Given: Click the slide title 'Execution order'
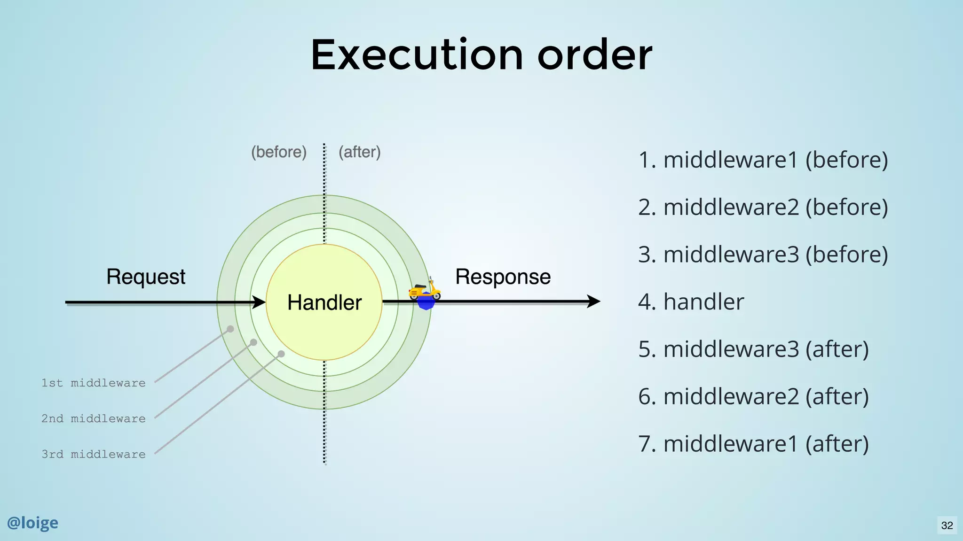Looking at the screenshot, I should pyautogui.click(x=481, y=55).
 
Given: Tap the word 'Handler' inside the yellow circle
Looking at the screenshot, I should pyautogui.click(x=324, y=302).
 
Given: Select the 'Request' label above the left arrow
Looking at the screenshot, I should pyautogui.click(x=146, y=277).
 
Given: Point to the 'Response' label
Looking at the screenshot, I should pyautogui.click(x=503, y=277).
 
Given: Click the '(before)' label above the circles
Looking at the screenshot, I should pyautogui.click(x=279, y=152).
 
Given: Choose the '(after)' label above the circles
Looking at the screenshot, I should pyautogui.click(x=360, y=152).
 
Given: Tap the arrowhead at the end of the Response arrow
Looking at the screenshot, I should pyautogui.click(x=594, y=301).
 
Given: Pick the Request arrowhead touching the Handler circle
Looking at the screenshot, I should pyautogui.click(x=259, y=302).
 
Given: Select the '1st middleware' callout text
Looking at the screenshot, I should pyautogui.click(x=93, y=383).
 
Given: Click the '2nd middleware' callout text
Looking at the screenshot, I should pyautogui.click(x=93, y=419).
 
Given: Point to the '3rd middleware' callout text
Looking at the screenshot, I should pyautogui.click(x=93, y=455).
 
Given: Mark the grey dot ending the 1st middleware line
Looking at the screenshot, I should pyautogui.click(x=230, y=329).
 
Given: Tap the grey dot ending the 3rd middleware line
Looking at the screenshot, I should pyautogui.click(x=281, y=354).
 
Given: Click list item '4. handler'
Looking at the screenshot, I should pyautogui.click(x=691, y=301).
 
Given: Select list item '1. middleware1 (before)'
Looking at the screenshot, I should pyautogui.click(x=763, y=160).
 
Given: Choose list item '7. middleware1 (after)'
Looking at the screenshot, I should pyautogui.click(x=753, y=444).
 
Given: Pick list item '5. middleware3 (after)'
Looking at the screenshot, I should pyautogui.click(x=753, y=349).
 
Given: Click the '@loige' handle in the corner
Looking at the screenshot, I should pyautogui.click(x=32, y=523).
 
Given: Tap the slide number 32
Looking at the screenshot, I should pyautogui.click(x=947, y=525).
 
